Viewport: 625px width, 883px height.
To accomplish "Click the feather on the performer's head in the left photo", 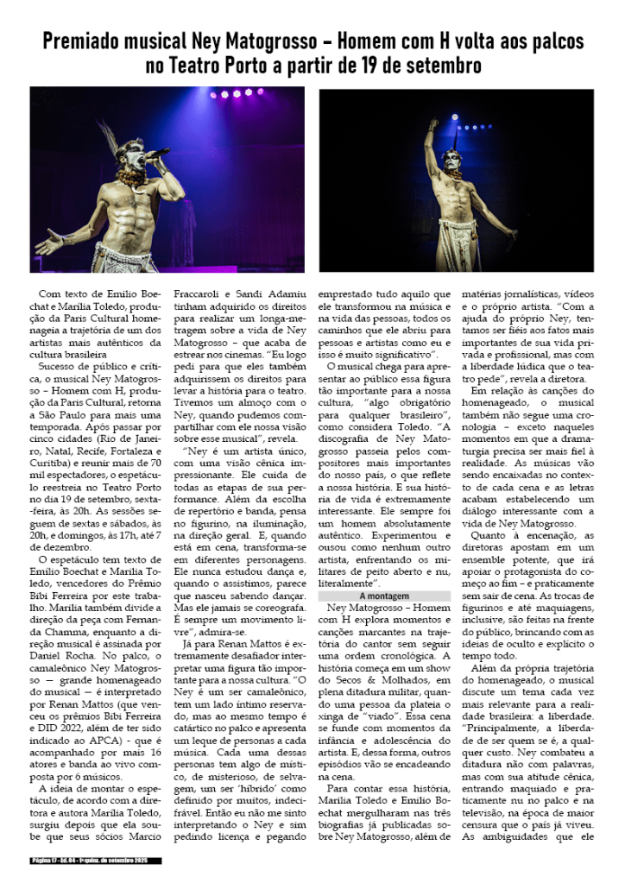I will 108,132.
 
